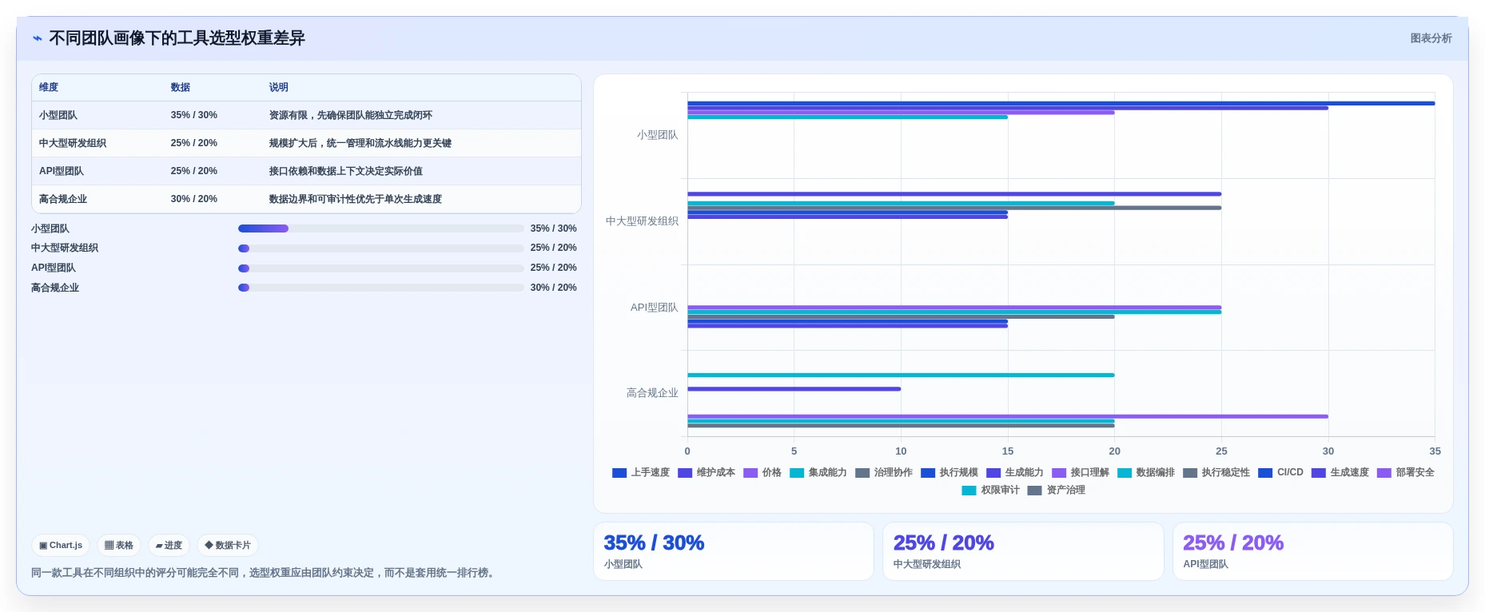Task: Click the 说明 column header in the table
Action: (x=278, y=87)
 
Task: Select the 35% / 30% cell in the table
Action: (x=193, y=115)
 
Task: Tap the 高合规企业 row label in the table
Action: (x=63, y=199)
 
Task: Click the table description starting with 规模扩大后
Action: (x=360, y=143)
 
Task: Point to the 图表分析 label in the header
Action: (x=1431, y=38)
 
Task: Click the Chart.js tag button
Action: (x=61, y=546)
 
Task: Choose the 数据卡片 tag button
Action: (x=228, y=546)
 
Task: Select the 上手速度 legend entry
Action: (x=641, y=472)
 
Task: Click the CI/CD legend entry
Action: (x=1280, y=472)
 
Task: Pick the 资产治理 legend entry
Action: (x=1057, y=490)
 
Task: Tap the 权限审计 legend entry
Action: (x=991, y=490)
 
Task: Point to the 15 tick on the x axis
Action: (x=1008, y=451)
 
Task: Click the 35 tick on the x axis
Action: (x=1435, y=451)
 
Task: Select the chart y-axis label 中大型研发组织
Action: (x=642, y=221)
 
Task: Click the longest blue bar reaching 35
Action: (x=1061, y=103)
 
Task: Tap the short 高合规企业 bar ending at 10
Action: (x=794, y=389)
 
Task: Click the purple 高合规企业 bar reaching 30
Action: (x=1008, y=416)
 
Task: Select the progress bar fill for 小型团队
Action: (x=263, y=229)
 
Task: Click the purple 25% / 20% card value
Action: (x=1233, y=543)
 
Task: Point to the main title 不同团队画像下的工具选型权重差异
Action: (x=177, y=38)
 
